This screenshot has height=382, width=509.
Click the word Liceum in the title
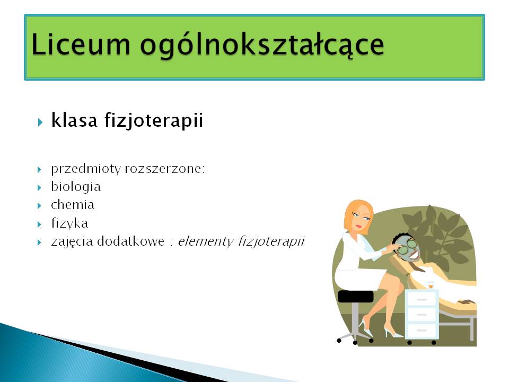point(81,44)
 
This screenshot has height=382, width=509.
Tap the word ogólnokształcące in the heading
point(262,46)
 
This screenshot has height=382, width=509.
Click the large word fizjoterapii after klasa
point(154,120)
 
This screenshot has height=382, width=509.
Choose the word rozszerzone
point(165,169)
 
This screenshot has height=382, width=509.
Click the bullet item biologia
point(76,187)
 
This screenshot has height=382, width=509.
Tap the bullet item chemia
point(73,205)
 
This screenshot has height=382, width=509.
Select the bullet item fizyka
point(69,223)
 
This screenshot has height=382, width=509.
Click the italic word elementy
point(205,242)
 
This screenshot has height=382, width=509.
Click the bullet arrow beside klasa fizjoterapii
point(40,123)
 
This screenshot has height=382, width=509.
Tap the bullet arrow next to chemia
point(39,206)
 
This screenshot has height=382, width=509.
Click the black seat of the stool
point(355,297)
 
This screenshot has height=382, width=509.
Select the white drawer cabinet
point(422,314)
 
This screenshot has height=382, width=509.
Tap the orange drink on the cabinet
point(431,285)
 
